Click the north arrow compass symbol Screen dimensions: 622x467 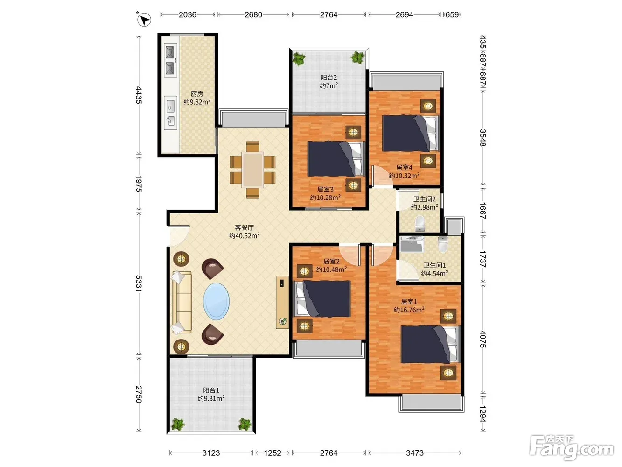point(144,20)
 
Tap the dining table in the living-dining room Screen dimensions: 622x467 point(252,170)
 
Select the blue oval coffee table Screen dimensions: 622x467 point(217,301)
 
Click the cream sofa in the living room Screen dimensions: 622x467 point(182,302)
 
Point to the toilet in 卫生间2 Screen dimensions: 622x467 point(419,223)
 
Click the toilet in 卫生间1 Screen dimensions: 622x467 point(442,244)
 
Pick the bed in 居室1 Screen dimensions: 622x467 point(430,344)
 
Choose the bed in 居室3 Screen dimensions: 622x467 point(335,159)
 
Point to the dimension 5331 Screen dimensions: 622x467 point(138,283)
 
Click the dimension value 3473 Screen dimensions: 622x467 point(415,453)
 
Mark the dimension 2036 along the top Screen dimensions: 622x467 point(187,14)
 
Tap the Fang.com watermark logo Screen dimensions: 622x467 point(572,448)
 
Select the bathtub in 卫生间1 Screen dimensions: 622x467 point(412,244)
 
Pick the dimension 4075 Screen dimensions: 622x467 point(483,339)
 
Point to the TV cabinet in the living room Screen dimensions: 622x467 point(282,302)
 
